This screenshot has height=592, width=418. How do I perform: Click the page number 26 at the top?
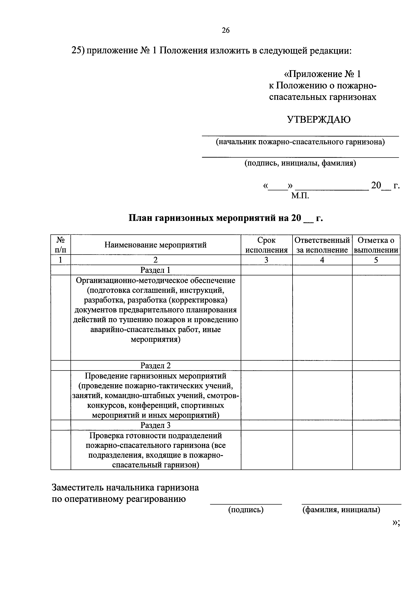pyautogui.click(x=226, y=30)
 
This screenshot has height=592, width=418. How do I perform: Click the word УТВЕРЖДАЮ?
pyautogui.click(x=319, y=120)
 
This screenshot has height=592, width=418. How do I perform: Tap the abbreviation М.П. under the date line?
pyautogui.click(x=300, y=196)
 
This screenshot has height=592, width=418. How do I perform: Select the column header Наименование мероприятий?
pyautogui.click(x=156, y=245)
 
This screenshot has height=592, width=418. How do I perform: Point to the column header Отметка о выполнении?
pyautogui.click(x=376, y=245)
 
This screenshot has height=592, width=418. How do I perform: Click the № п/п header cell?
pyautogui.click(x=61, y=245)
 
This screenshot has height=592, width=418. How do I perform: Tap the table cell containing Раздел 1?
pyautogui.click(x=156, y=270)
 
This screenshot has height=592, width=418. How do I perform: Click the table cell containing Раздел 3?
pyautogui.click(x=156, y=425)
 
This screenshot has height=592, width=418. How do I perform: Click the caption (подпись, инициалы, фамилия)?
pyautogui.click(x=300, y=163)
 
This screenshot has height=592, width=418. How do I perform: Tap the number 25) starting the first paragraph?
pyautogui.click(x=78, y=50)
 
